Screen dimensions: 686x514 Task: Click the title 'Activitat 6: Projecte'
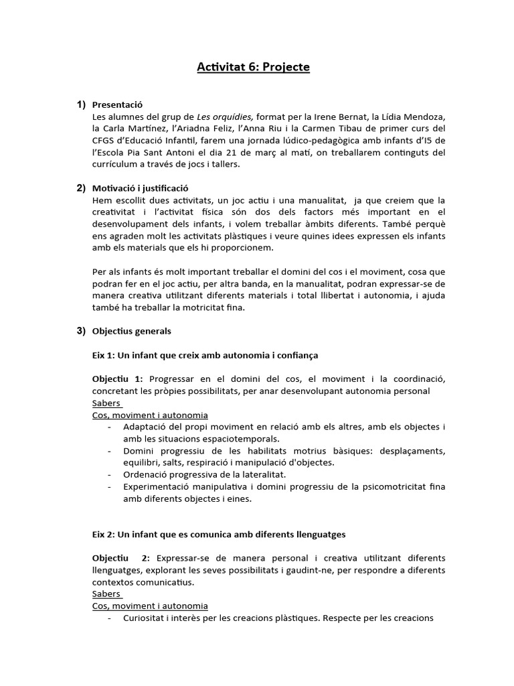click(254, 67)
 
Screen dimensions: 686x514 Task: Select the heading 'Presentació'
click(117, 105)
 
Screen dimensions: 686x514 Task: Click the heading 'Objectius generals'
click(131, 330)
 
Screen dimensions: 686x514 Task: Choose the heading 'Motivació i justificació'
click(141, 189)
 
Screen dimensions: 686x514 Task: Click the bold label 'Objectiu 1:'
click(117, 379)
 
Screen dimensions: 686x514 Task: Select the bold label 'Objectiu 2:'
click(121, 558)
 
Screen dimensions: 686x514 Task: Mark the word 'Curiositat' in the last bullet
click(144, 618)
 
